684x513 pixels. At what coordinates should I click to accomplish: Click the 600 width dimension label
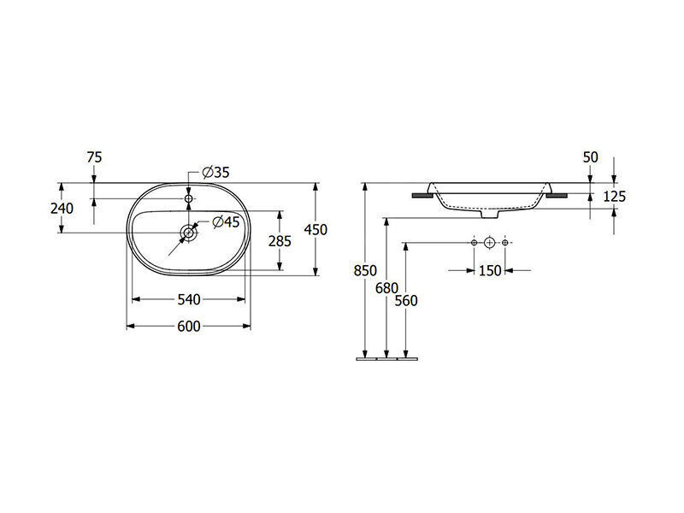(x=189, y=327)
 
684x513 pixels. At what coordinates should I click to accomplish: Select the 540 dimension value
(x=189, y=300)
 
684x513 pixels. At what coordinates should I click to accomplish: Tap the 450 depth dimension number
(x=315, y=229)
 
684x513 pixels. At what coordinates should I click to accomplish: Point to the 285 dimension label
(x=280, y=241)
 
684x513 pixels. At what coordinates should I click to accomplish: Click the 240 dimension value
(x=62, y=209)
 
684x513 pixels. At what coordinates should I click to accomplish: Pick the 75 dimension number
(x=94, y=157)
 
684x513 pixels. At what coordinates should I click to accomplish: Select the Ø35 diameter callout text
(x=216, y=173)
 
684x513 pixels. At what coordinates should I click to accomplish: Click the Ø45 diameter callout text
(x=226, y=222)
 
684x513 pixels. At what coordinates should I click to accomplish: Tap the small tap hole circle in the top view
(x=188, y=199)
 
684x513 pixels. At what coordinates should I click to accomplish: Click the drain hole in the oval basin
(x=189, y=233)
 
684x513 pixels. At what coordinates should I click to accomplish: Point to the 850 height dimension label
(x=365, y=271)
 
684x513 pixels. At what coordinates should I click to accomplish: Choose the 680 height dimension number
(x=387, y=288)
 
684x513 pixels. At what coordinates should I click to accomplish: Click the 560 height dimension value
(x=406, y=301)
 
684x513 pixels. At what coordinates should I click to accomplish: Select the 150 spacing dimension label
(x=490, y=271)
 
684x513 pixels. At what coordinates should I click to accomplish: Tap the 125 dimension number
(x=614, y=197)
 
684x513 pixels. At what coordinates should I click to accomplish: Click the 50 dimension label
(x=590, y=157)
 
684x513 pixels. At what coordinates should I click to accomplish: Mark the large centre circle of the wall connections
(x=489, y=243)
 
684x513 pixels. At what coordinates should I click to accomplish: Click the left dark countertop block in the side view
(x=422, y=196)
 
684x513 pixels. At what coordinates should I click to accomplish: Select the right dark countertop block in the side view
(x=557, y=196)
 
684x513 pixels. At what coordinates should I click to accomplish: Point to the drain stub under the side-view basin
(x=490, y=215)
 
